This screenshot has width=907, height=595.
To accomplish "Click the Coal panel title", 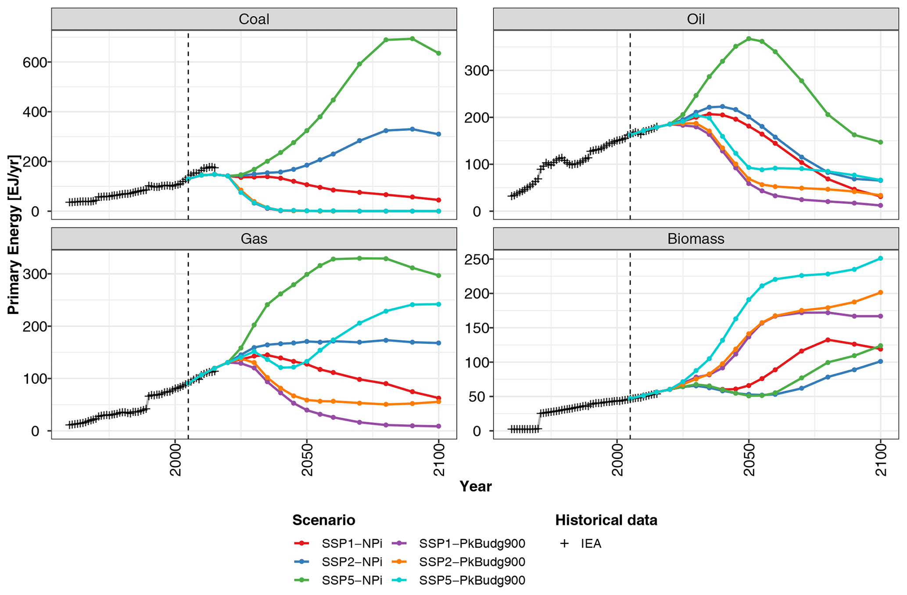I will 254,19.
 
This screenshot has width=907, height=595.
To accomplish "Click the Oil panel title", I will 695,19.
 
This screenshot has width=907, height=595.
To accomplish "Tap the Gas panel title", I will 254,238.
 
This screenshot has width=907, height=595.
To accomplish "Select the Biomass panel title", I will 695,238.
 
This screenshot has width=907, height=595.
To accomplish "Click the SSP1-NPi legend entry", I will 351,544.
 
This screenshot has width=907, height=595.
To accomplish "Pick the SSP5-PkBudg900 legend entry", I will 472,581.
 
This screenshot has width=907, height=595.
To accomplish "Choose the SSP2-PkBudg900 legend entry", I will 472,562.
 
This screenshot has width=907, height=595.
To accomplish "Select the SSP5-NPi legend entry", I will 351,581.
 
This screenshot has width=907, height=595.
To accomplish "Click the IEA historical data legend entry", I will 591,544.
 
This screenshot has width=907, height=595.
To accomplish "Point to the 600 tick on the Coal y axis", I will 34,62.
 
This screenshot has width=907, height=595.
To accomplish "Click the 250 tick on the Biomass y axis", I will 476,259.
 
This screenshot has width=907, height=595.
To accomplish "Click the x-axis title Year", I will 476,487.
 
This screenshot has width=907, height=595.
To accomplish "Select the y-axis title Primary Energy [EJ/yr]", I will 14,234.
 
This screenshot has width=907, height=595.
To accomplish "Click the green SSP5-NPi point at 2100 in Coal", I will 438,53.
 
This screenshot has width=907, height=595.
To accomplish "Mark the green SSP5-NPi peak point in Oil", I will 749,39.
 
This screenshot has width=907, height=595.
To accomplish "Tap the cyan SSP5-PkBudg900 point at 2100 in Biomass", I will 880,258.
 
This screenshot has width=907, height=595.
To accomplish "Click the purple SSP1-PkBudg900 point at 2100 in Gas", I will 438,426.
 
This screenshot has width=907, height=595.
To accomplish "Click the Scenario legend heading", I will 323,520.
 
